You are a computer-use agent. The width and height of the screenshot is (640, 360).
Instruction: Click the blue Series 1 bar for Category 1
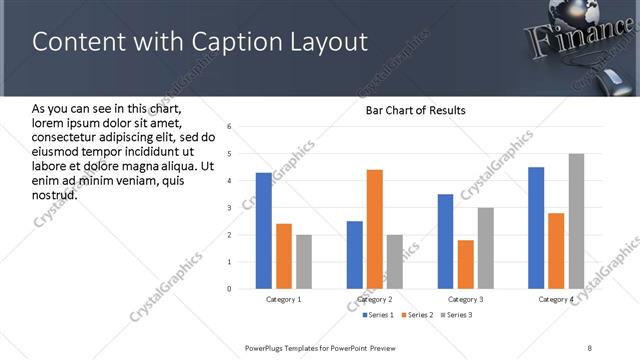(263, 231)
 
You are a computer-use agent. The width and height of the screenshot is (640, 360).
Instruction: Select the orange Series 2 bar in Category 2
(375, 229)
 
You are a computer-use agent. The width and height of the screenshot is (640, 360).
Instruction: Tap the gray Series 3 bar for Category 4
(576, 221)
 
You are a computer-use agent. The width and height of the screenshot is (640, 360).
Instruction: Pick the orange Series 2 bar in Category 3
(465, 264)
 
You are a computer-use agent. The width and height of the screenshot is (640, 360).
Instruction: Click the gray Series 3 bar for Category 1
(303, 262)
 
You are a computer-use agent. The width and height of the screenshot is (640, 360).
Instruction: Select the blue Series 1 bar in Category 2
(355, 255)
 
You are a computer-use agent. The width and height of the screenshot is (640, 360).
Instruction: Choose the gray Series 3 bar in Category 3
(485, 248)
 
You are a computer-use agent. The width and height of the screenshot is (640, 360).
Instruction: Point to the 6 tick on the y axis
(229, 127)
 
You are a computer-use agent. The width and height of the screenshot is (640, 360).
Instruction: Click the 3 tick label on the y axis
(229, 208)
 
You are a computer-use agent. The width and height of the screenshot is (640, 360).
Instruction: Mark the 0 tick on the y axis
(229, 289)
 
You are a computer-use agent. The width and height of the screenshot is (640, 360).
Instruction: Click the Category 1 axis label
(283, 300)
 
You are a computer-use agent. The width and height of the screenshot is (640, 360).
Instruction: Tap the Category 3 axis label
(465, 300)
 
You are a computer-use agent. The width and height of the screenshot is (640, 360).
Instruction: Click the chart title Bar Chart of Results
(415, 109)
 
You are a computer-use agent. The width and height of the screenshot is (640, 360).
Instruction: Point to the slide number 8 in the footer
(590, 347)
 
